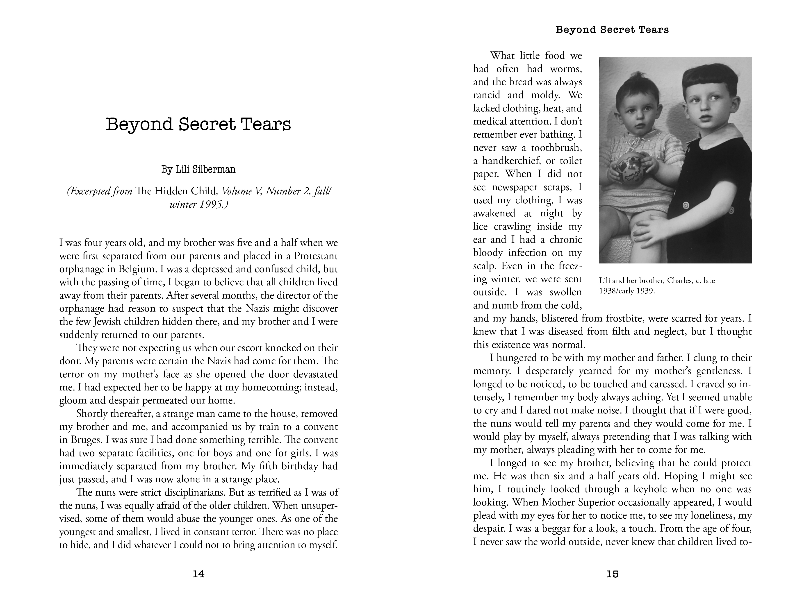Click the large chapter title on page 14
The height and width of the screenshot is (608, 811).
(x=198, y=124)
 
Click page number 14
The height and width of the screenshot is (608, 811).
(x=198, y=574)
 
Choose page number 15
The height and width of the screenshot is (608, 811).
(x=612, y=574)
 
